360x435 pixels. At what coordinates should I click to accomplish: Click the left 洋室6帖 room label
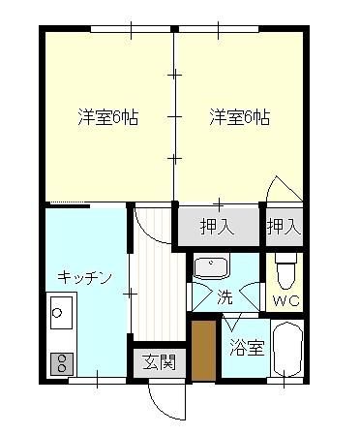click(108, 117)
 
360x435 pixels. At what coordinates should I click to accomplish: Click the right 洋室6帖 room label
click(240, 117)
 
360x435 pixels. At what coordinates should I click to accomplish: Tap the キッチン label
click(85, 277)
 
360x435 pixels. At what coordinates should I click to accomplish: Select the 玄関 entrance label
click(160, 362)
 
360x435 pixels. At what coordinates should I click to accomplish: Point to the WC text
click(286, 301)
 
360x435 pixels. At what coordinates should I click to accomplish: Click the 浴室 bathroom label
click(248, 348)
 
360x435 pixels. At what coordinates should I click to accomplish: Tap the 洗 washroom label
click(225, 296)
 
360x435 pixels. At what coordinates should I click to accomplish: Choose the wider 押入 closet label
click(217, 227)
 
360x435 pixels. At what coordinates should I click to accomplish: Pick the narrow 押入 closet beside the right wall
click(285, 227)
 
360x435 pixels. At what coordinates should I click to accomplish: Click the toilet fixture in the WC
click(285, 270)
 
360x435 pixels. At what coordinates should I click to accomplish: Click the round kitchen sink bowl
click(57, 313)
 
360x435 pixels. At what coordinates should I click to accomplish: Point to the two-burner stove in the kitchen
click(61, 363)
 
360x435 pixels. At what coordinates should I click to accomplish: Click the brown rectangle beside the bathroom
click(203, 351)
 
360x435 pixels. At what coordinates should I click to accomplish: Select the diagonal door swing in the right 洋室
click(285, 189)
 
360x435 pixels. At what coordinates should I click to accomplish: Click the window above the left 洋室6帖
click(131, 29)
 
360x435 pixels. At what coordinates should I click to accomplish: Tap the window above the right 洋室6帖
click(219, 29)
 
